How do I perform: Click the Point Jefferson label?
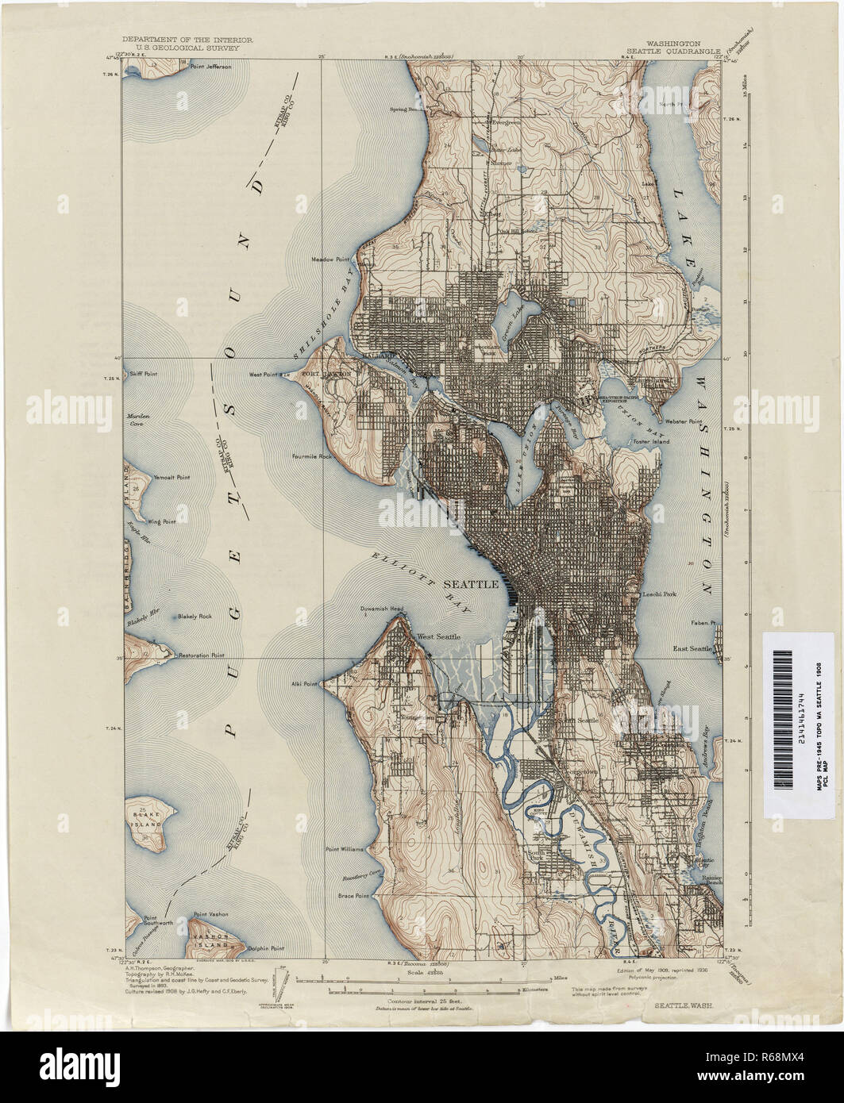(210, 67)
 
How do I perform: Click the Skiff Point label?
(145, 373)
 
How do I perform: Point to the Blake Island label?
(147, 816)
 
